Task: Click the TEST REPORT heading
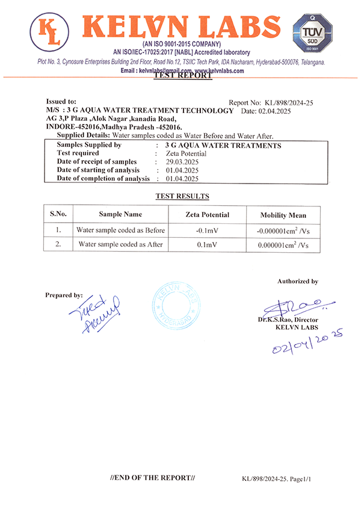tap(184, 76)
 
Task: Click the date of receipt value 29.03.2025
tap(178, 162)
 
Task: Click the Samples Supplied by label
tap(89, 145)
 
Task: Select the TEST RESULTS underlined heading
tap(182, 196)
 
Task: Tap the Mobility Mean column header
tap(283, 215)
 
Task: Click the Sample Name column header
tap(120, 214)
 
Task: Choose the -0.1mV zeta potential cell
tap(207, 231)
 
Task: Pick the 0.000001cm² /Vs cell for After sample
tap(283, 245)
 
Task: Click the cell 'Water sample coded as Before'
tap(120, 230)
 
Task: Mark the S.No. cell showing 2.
tap(58, 244)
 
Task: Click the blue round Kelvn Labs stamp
tap(176, 306)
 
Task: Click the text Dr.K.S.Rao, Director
tap(288, 320)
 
